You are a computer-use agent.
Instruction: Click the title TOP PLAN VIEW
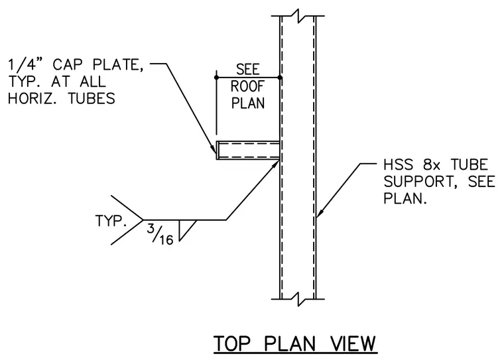point(294,343)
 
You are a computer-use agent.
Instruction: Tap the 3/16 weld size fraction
point(160,233)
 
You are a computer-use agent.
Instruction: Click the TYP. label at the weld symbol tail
point(109,221)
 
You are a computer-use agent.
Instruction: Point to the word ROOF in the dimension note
point(248,86)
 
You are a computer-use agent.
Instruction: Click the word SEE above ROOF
point(248,70)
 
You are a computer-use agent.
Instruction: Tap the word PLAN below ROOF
point(248,103)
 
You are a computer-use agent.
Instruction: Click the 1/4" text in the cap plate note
point(27,64)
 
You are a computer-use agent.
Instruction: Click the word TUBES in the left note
point(92,98)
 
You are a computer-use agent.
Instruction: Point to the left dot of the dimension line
point(216,78)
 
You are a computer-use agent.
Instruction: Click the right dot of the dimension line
point(280,78)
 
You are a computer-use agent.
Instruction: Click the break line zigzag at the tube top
point(298,16)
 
